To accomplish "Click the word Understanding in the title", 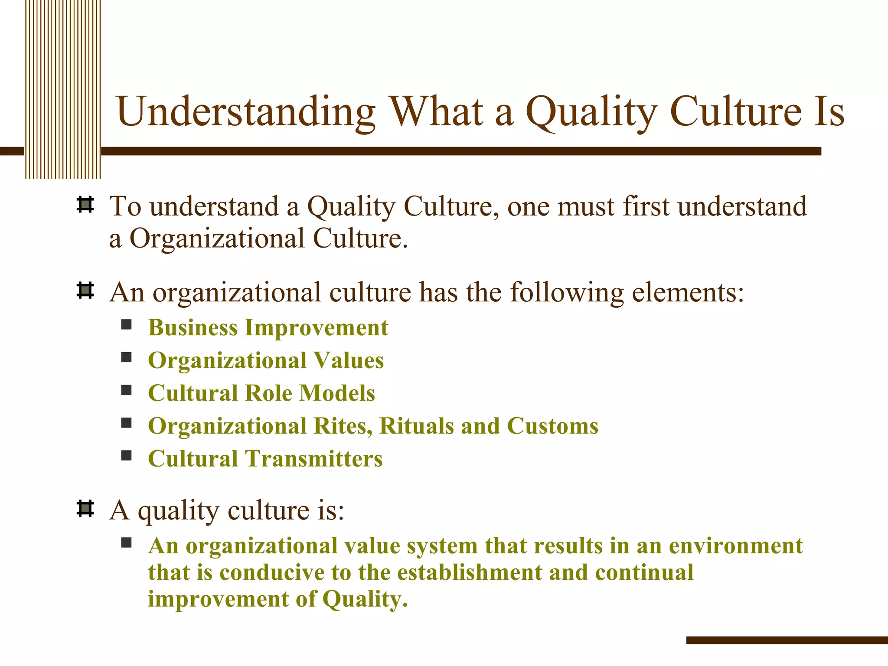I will [245, 112].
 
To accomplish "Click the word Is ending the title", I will [829, 112].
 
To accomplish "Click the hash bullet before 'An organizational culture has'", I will [85, 291].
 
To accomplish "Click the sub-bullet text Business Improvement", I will [268, 327].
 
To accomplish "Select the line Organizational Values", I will [266, 360].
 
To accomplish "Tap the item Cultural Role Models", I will [261, 393].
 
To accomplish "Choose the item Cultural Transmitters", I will [265, 459].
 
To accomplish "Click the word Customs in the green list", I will [552, 426].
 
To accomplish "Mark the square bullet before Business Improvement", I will [126, 325].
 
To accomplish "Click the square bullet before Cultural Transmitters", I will [126, 456].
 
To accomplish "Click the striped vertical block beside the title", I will [63, 89].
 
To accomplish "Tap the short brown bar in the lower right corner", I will [787, 640].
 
